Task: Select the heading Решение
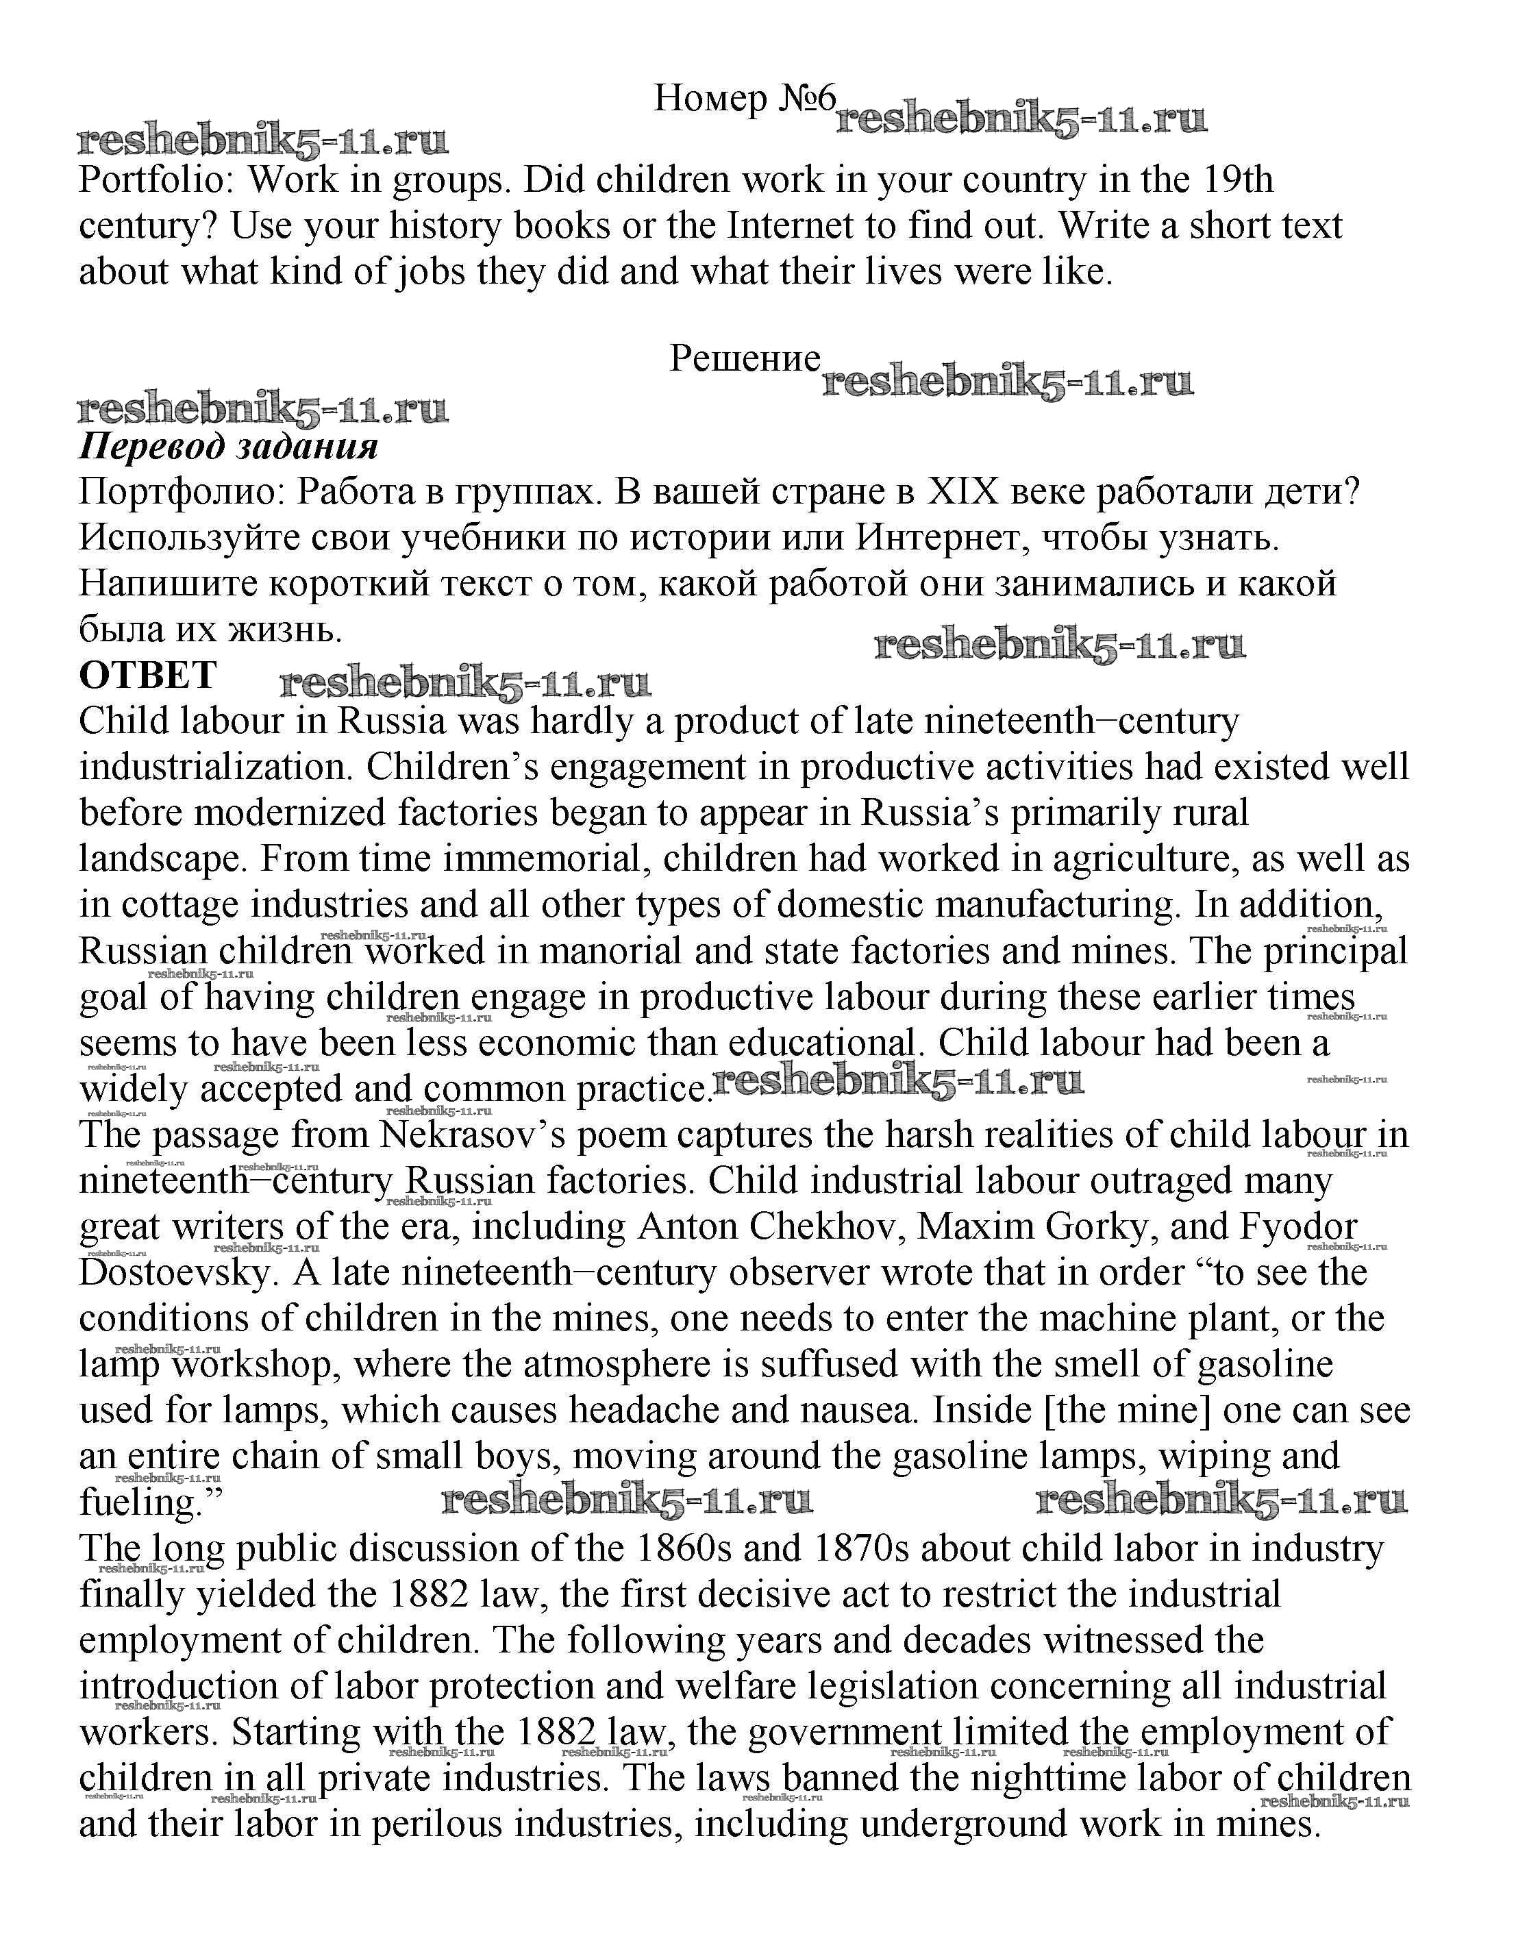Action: pos(745,358)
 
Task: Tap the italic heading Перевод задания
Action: pos(228,445)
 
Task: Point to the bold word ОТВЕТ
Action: pos(148,674)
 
